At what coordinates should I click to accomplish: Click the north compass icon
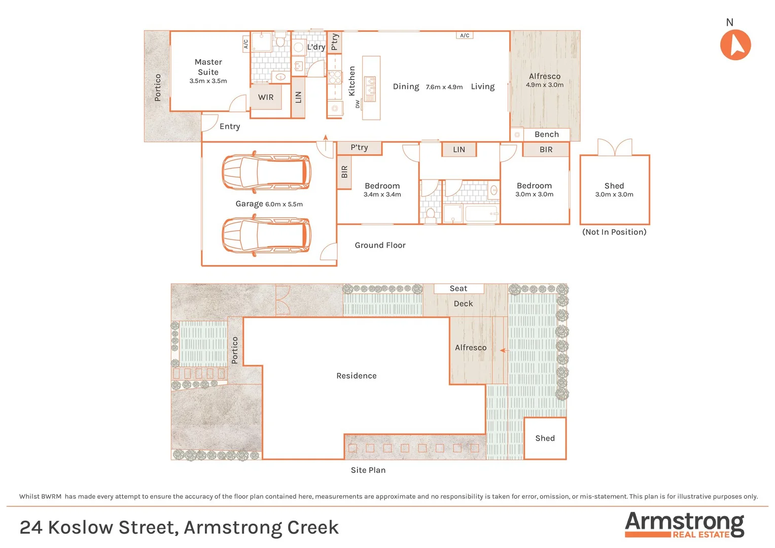[x=735, y=45]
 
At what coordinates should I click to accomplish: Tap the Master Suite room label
[x=208, y=67]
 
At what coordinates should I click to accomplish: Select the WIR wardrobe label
[x=266, y=97]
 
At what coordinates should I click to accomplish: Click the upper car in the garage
[x=266, y=172]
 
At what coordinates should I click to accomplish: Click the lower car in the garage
[x=266, y=235]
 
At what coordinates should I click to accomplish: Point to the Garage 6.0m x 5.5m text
[x=269, y=204]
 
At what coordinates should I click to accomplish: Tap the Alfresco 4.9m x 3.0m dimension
[x=544, y=85]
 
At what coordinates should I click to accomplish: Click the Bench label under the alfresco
[x=546, y=134]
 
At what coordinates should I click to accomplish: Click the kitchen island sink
[x=370, y=88]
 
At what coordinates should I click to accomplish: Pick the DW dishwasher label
[x=358, y=104]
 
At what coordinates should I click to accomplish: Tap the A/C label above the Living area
[x=465, y=36]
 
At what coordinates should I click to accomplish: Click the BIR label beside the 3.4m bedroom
[x=344, y=172]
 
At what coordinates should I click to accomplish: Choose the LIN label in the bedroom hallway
[x=459, y=150]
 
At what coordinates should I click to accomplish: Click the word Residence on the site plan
[x=356, y=376]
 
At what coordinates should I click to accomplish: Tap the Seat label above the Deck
[x=458, y=289]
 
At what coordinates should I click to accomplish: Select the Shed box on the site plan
[x=545, y=438]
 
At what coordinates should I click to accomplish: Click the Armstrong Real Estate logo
[x=684, y=524]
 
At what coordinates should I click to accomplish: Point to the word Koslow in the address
[x=80, y=528]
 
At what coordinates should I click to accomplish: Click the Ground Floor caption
[x=380, y=246]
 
